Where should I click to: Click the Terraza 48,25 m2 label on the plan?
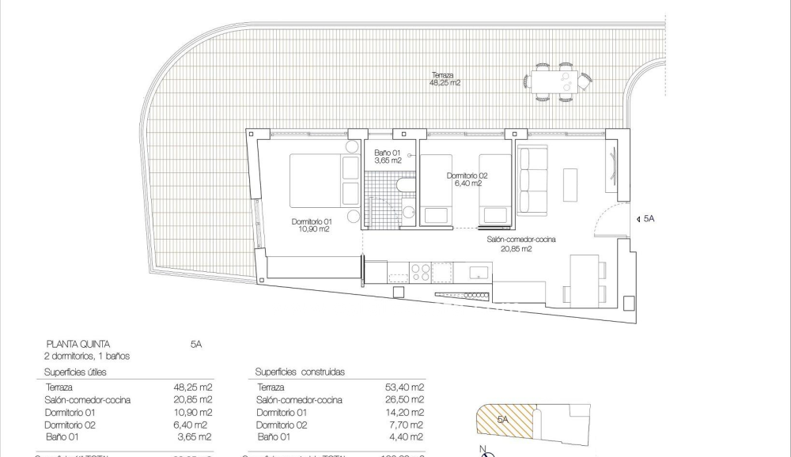click(x=444, y=77)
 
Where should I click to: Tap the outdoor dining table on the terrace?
click(x=554, y=81)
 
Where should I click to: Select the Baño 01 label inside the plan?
click(x=387, y=156)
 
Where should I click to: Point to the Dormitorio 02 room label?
click(x=467, y=179)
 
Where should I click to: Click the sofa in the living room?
click(x=532, y=180)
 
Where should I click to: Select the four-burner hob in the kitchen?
click(x=420, y=272)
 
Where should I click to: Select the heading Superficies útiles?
click(x=75, y=372)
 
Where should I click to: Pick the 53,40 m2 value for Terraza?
click(x=408, y=387)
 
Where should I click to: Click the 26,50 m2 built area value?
click(x=408, y=400)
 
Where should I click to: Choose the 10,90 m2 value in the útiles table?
click(x=193, y=412)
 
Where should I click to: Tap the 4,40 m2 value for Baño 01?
click(x=410, y=436)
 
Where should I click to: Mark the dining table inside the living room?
click(x=585, y=281)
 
